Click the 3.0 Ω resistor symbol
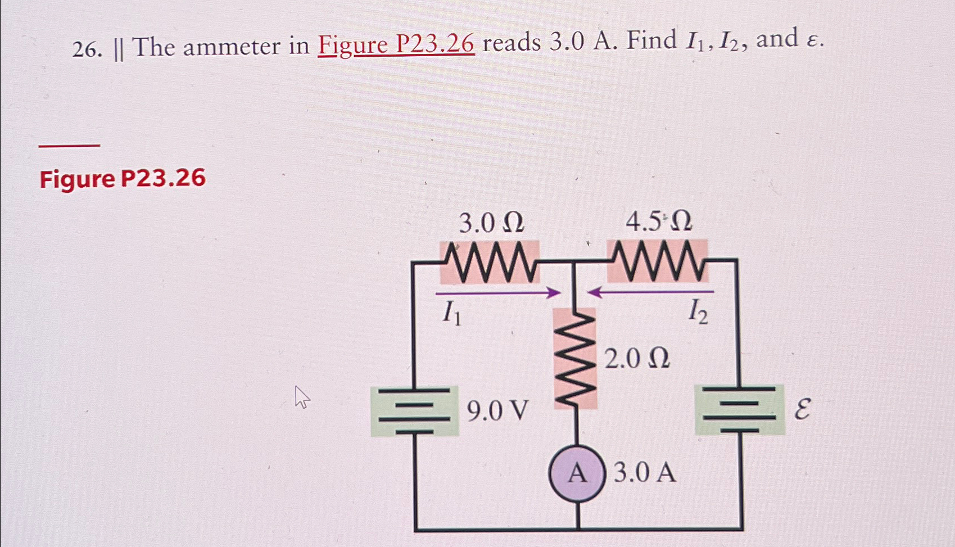coord(489,262)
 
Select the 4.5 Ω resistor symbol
coord(658,261)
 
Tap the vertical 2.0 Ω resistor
coord(576,358)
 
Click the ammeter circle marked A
coord(577,474)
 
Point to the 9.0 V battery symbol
coord(415,411)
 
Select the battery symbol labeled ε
coord(739,410)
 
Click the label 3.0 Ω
coord(491,224)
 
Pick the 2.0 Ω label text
coord(637,358)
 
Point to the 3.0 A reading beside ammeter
coord(645,473)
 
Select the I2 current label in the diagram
coord(698,312)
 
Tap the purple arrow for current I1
coord(498,293)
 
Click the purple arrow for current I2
coord(650,292)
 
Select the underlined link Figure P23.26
coord(396,44)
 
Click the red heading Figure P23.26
coord(123,179)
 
